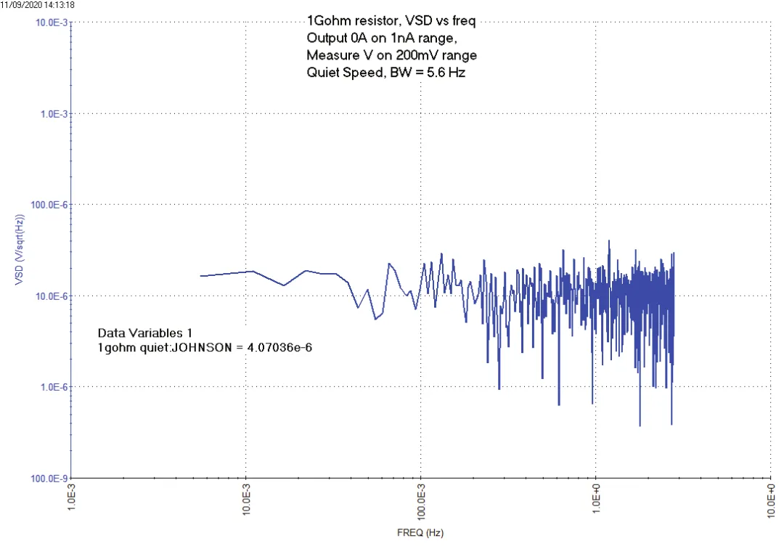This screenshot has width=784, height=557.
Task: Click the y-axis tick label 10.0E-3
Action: point(52,23)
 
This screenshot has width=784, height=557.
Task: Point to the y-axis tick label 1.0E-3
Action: point(54,114)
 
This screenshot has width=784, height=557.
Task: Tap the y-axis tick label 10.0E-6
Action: point(52,296)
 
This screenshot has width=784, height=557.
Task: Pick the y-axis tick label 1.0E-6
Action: point(54,387)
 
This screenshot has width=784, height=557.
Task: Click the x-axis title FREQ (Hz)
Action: point(420,532)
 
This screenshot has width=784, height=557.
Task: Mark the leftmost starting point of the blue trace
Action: point(201,276)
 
